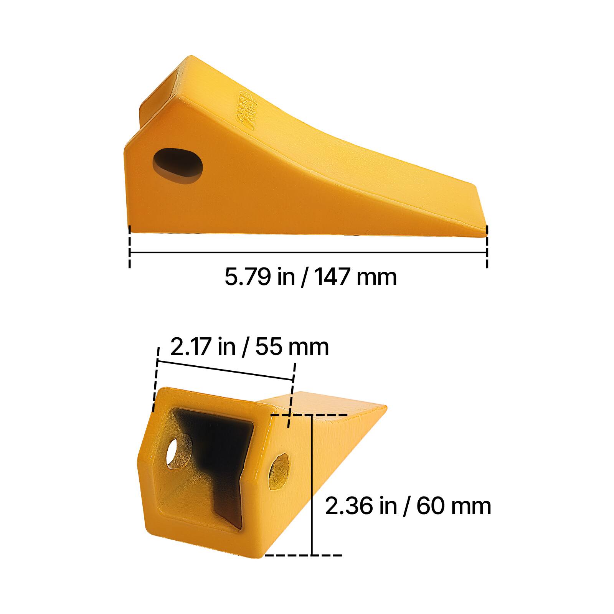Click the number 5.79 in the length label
[248, 277]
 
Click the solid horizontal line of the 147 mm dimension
[307, 253]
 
